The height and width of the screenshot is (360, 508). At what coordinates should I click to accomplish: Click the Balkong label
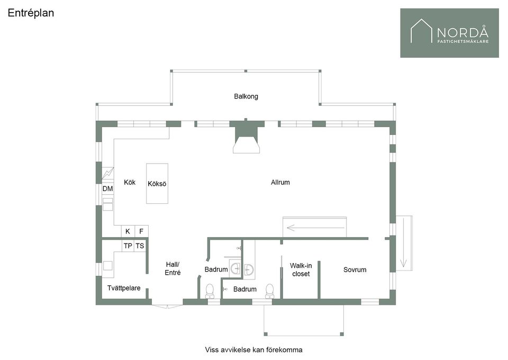(x=246, y=96)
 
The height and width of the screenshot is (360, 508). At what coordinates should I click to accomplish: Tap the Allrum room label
(x=280, y=183)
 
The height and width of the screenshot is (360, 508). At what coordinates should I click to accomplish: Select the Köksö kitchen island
(x=157, y=183)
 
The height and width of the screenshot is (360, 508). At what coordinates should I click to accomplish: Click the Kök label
(x=130, y=183)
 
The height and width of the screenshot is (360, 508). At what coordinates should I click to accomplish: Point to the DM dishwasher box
(x=108, y=188)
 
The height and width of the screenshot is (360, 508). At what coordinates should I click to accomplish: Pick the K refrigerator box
(x=128, y=231)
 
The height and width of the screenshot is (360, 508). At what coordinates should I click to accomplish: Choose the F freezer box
(x=142, y=231)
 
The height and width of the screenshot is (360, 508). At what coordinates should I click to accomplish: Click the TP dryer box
(x=128, y=246)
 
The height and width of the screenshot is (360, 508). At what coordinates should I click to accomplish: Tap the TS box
(x=140, y=246)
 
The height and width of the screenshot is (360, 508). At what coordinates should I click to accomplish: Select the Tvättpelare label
(x=124, y=288)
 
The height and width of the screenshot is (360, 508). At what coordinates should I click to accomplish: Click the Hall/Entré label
(x=173, y=268)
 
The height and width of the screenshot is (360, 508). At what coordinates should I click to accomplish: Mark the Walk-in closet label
(x=301, y=269)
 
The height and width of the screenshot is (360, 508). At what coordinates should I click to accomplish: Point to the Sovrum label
(x=355, y=269)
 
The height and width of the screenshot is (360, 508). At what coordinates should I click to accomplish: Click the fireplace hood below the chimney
(x=247, y=145)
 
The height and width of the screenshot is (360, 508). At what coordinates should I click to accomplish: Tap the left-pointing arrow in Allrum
(x=315, y=228)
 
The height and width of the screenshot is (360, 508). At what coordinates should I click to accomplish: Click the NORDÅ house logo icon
(x=421, y=31)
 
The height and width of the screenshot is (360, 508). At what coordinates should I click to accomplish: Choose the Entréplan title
(x=31, y=13)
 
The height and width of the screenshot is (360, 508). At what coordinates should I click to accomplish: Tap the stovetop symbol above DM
(x=108, y=173)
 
